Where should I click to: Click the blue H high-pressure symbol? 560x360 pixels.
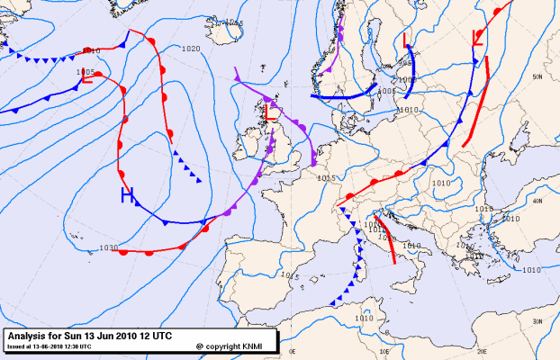[128, 195]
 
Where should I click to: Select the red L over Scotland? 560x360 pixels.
[269, 112]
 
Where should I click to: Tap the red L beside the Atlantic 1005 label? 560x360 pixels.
[86, 80]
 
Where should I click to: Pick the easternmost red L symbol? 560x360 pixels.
[478, 38]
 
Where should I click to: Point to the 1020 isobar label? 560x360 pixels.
[190, 49]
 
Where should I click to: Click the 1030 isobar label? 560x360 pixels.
[108, 247]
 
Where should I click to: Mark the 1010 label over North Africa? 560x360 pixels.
[364, 318]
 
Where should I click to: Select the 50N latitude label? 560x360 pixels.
[537, 77]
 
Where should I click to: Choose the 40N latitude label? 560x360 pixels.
[537, 202]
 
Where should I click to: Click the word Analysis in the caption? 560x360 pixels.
[30, 335]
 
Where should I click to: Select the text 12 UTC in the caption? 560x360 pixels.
[153, 335]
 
